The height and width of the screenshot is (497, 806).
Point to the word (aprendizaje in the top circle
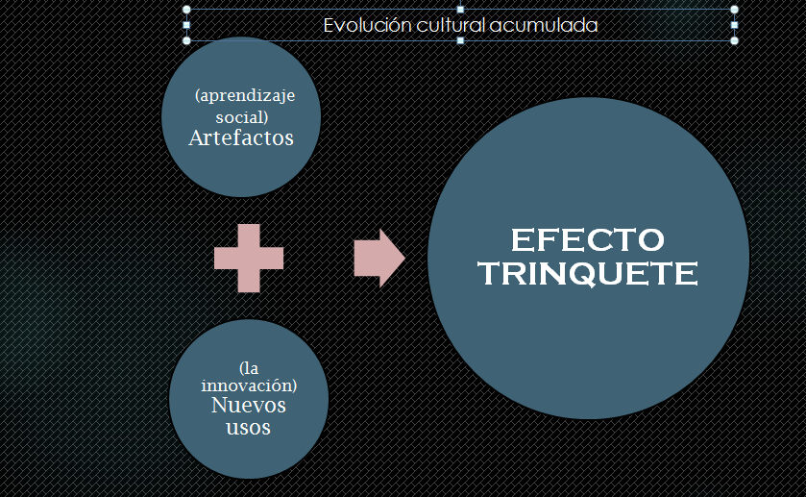point(244,96)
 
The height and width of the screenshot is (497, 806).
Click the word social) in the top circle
point(241,116)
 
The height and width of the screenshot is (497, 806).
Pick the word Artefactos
point(241,137)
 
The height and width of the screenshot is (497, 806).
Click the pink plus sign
point(249,258)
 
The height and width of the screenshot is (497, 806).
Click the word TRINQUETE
point(588,274)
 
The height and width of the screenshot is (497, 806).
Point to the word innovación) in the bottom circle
point(249,385)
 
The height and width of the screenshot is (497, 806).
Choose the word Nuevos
point(248,405)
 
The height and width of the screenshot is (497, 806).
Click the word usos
point(248,427)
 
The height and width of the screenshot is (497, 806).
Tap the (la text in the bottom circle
point(249,368)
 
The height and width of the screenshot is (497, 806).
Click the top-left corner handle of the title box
point(186,10)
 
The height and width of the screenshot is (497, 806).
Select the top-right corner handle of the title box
point(735,10)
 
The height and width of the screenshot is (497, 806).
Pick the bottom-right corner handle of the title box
point(735,41)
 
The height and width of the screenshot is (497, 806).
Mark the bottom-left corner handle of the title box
point(186,41)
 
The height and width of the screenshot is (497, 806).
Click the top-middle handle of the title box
point(461,10)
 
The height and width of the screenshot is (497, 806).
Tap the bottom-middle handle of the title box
point(461,41)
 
